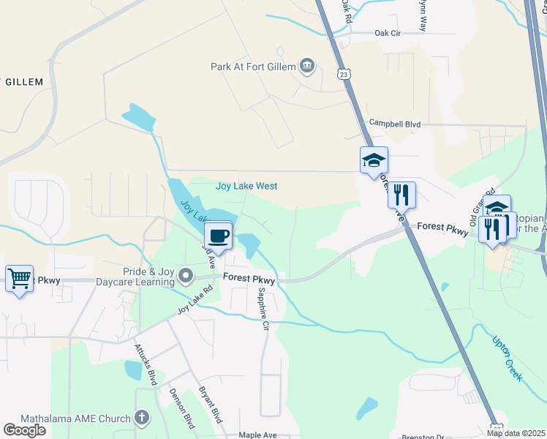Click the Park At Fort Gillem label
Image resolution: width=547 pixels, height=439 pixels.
253,67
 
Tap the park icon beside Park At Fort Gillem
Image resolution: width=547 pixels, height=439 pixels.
307,67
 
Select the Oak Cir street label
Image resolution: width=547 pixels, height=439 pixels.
388,33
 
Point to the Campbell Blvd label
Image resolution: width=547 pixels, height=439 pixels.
395,124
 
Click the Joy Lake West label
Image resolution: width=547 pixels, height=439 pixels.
246,186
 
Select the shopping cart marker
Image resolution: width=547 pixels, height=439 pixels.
19,278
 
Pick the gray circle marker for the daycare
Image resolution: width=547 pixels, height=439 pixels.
186,277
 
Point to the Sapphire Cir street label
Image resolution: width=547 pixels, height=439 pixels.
264,308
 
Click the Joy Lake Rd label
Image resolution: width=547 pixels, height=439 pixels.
195,299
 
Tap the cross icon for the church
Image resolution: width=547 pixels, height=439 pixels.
142,419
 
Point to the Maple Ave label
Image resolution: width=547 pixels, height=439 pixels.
257,435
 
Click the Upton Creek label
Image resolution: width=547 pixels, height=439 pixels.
508,359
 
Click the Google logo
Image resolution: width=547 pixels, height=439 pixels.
25,430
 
